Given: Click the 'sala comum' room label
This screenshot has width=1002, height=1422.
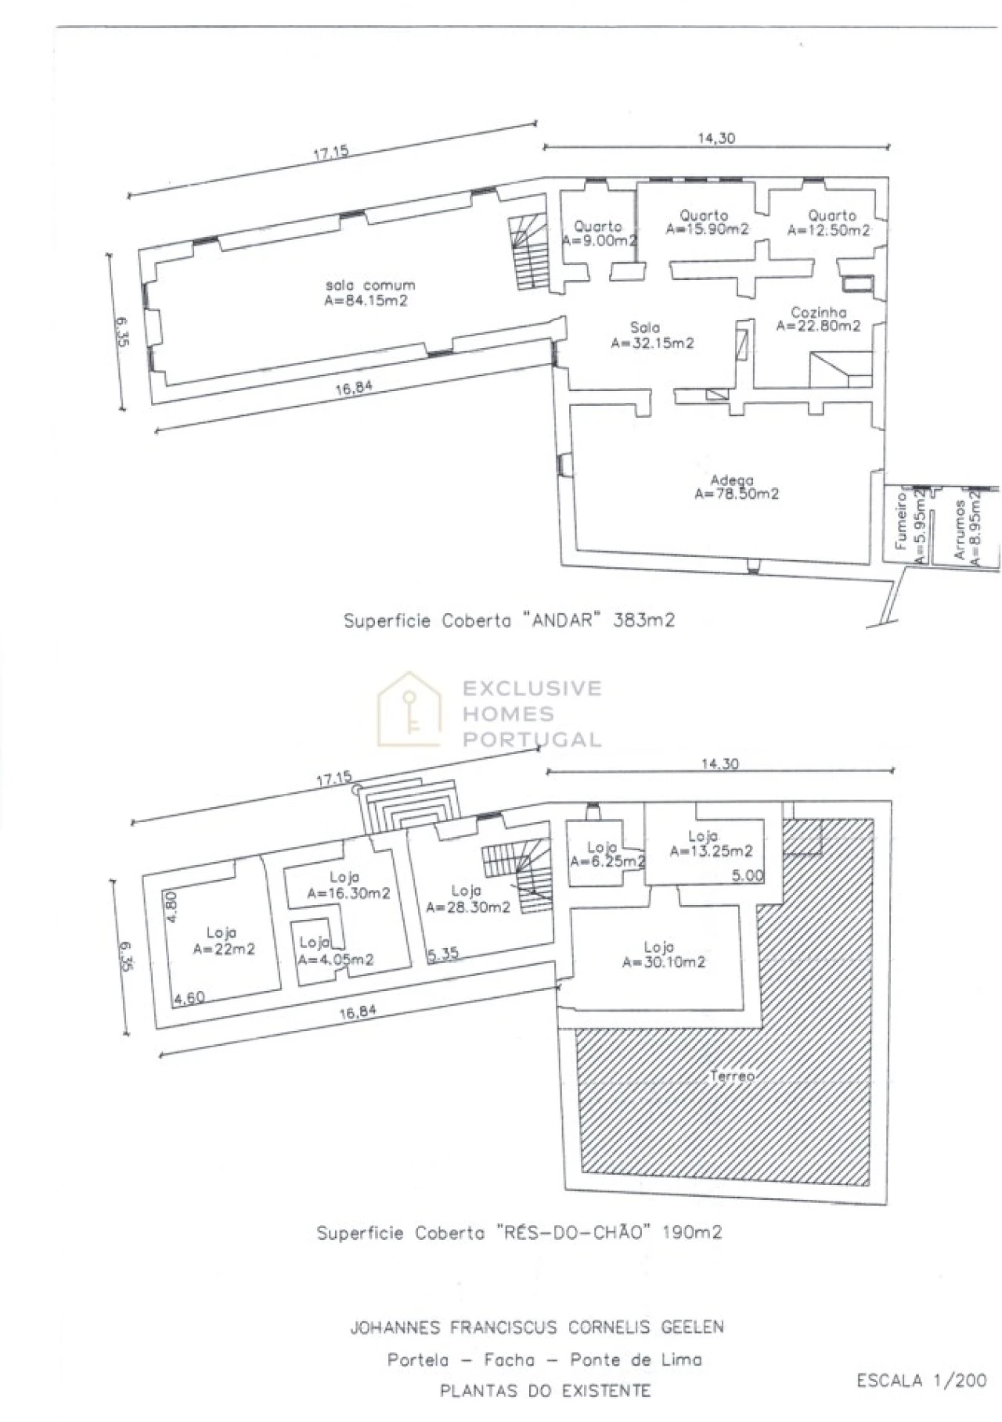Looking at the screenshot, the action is click(370, 285).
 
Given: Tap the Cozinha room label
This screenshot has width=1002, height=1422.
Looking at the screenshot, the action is click(818, 312).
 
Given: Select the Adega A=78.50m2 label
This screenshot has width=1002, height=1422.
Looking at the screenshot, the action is click(736, 487).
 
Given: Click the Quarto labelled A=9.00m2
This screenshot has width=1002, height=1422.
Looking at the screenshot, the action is click(599, 233).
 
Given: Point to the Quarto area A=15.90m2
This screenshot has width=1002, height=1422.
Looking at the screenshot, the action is click(707, 222).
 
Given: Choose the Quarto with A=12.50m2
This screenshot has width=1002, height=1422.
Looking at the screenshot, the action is click(830, 223).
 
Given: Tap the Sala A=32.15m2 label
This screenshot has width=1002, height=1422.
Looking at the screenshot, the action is click(651, 335).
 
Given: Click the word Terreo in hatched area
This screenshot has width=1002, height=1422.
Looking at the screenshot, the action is click(732, 1076).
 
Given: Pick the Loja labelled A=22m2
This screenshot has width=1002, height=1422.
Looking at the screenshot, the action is click(224, 941).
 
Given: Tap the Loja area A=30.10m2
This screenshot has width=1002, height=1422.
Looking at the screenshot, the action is click(664, 954).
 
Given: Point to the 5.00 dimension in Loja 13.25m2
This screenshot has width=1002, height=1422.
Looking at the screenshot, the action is click(747, 875).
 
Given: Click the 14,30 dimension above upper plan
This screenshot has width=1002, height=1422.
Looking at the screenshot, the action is click(716, 138).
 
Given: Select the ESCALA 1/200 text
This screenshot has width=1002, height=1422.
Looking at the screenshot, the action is click(921, 1381).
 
